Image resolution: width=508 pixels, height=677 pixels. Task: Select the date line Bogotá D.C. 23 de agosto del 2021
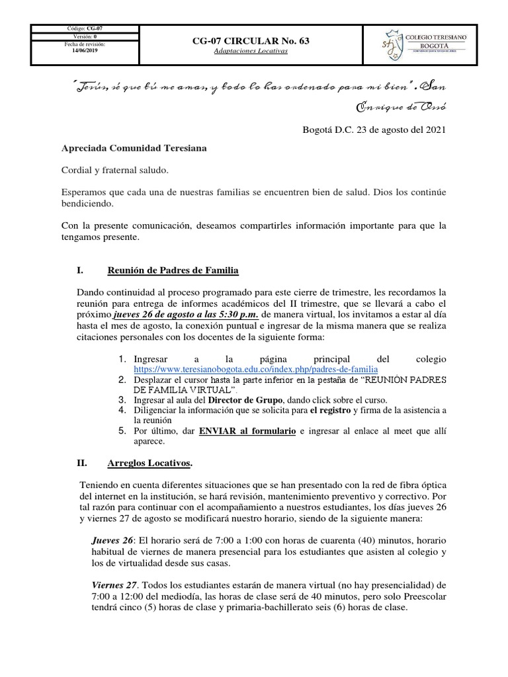(374, 130)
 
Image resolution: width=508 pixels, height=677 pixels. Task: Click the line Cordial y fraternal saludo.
(115, 171)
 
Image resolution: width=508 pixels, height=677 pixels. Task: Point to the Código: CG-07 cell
(85, 29)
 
